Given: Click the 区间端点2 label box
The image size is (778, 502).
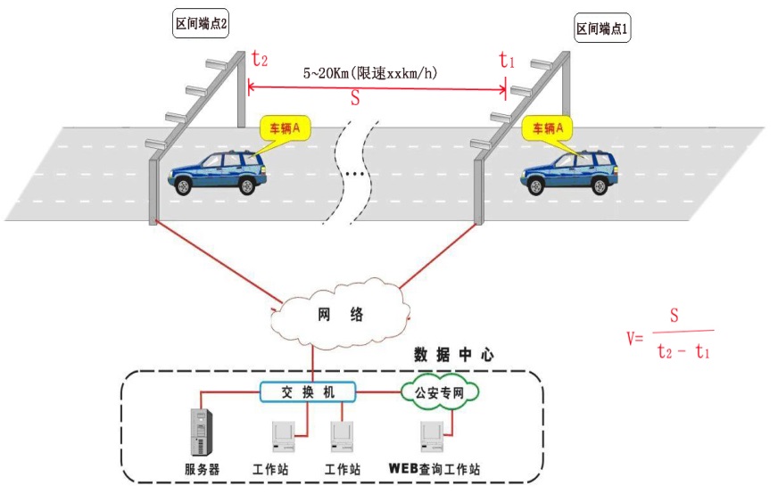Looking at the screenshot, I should (x=201, y=25).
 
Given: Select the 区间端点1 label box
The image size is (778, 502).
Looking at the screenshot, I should (x=603, y=29).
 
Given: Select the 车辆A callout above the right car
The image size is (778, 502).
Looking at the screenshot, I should (x=546, y=129).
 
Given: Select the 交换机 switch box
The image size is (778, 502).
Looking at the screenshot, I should (x=308, y=391).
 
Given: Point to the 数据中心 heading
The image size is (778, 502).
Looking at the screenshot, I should (x=454, y=355).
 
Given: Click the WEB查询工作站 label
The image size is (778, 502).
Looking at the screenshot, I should (x=435, y=469).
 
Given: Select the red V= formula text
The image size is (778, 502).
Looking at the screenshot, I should (x=634, y=338).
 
